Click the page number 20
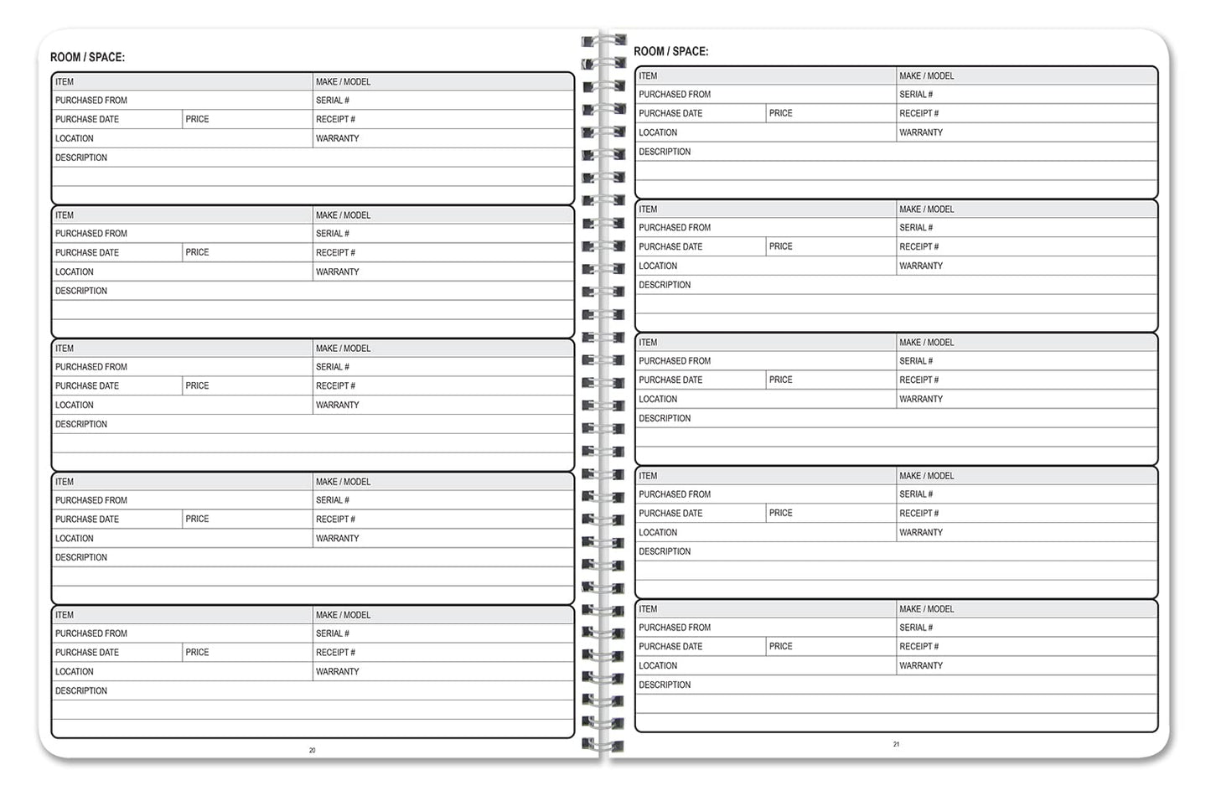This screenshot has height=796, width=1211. coord(312,751)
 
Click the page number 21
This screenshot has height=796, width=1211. coord(896,744)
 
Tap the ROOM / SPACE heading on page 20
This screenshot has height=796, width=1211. coord(87,57)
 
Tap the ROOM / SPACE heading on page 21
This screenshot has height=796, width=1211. coord(670,51)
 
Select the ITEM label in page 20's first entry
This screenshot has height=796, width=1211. coord(65,82)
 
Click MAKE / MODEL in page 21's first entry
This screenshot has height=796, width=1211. coord(926,76)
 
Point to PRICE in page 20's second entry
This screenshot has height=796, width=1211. coord(197,252)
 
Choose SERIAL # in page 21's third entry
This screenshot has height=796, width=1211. coord(915,361)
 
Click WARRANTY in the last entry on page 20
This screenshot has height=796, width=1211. coord(337,672)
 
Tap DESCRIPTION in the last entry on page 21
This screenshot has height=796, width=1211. coord(665,685)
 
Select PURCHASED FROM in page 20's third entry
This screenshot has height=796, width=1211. coord(91,367)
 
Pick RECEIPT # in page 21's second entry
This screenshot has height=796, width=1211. coord(919,247)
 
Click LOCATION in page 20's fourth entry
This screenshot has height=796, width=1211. coord(75,539)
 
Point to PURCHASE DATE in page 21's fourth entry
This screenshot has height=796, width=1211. coord(670,514)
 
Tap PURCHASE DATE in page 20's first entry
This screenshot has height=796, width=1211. coord(87,120)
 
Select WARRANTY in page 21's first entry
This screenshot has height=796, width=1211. coord(920,132)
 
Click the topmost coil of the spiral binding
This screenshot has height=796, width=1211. coord(603,40)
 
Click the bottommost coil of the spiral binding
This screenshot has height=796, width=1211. coord(603,744)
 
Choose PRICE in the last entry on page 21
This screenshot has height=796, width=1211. coord(780,647)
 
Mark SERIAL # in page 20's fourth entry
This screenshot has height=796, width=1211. coord(332,500)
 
